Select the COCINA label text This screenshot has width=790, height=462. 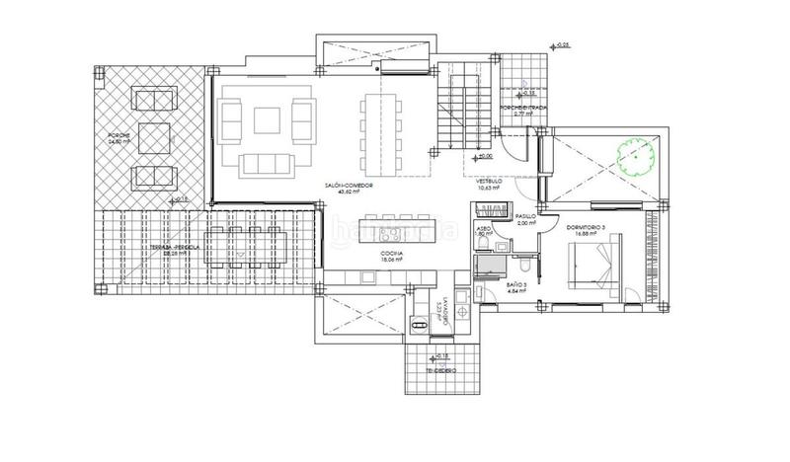pos(391,254)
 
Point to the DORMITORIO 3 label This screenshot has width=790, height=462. pos(592,228)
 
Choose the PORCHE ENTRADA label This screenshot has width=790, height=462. pos(522,109)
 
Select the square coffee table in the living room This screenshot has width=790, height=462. pos(267,120)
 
